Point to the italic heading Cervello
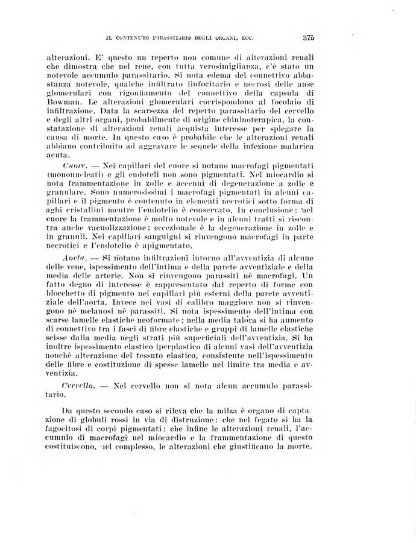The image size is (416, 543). [77, 384]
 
